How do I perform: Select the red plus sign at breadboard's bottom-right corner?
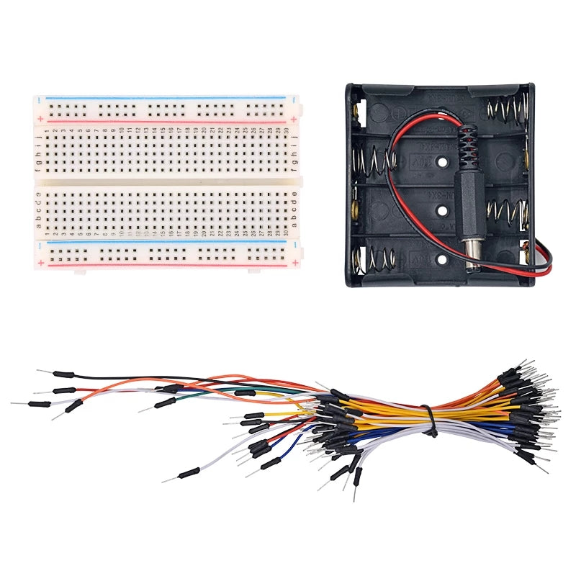(293, 262)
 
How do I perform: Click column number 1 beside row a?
(47, 233)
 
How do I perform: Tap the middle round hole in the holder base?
(440, 210)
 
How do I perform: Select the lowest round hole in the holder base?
(440, 257)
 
